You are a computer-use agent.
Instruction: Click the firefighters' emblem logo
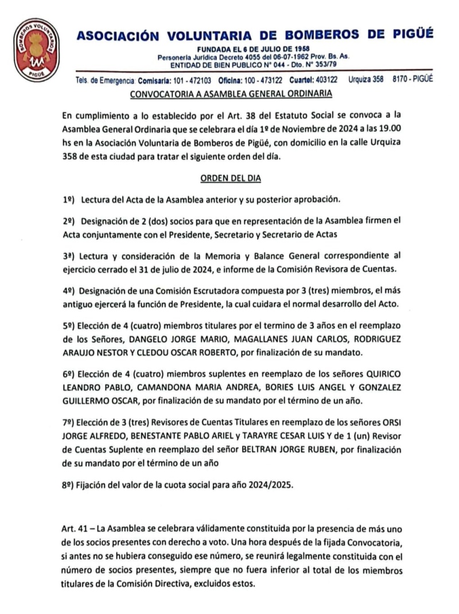pos(37,49)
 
